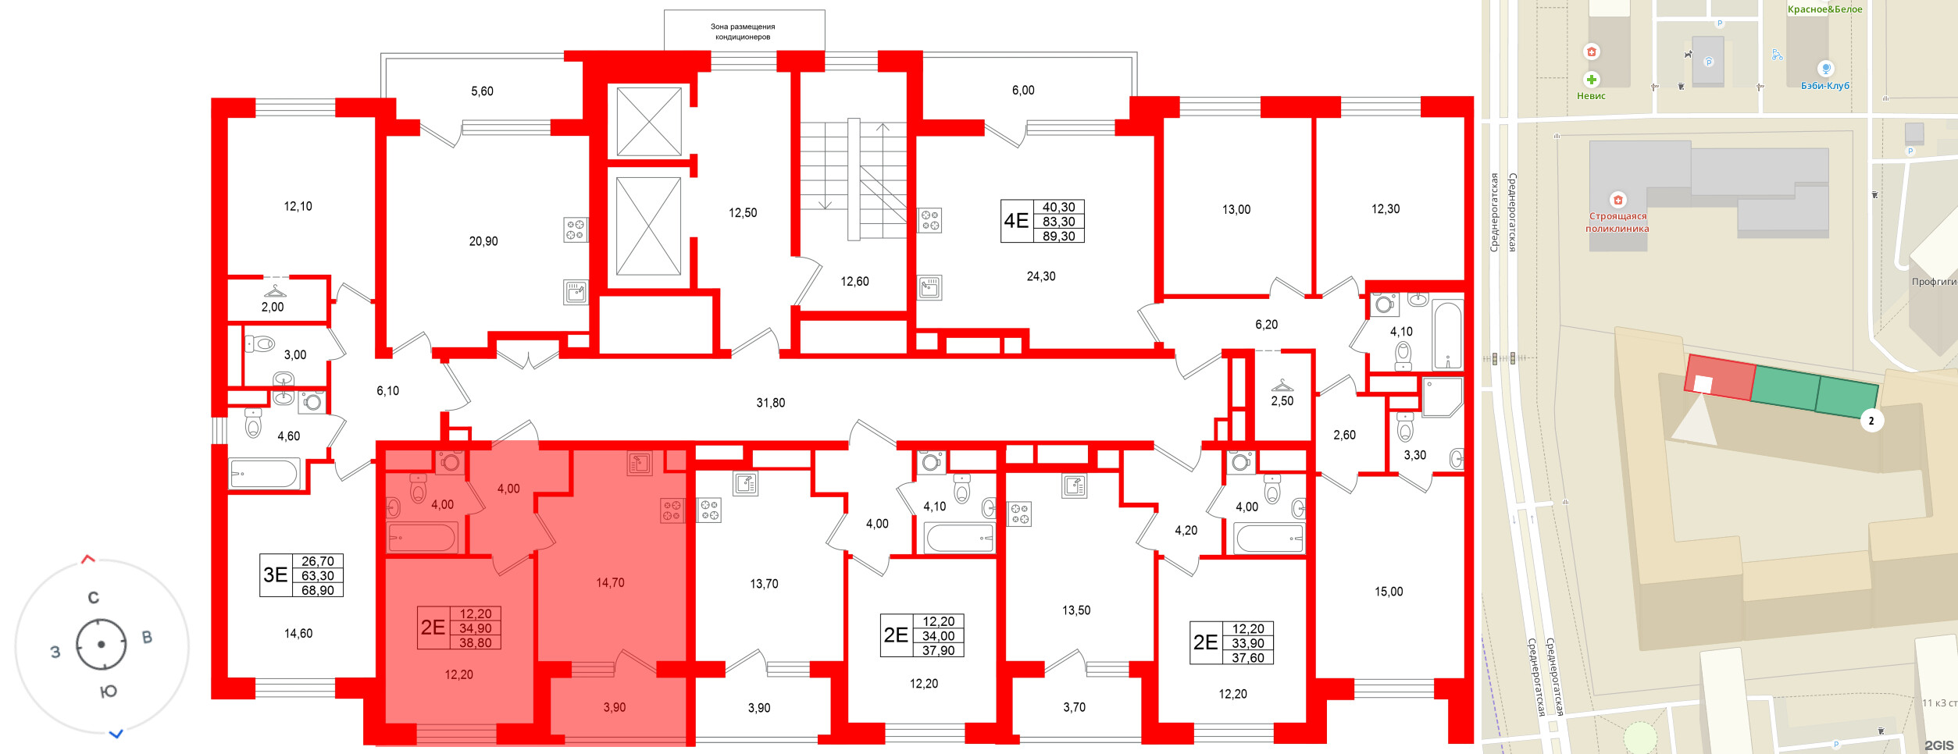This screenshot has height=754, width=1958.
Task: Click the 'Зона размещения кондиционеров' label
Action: [743, 31]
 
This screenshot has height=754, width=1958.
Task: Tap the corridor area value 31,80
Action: [771, 403]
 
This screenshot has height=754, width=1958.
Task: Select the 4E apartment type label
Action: [1016, 221]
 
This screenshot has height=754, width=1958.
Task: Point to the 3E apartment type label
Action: [276, 575]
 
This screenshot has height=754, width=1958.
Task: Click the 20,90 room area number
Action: [483, 241]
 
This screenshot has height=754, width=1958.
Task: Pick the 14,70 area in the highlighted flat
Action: [610, 582]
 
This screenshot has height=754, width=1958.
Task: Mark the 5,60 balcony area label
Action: [482, 91]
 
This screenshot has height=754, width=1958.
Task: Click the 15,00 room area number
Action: [1389, 592]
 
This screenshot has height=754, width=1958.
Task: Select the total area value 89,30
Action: [1058, 236]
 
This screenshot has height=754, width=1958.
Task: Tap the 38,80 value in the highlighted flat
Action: [476, 642]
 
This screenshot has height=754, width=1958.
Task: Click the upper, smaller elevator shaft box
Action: [649, 122]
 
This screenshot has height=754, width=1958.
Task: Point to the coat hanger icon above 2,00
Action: [275, 291]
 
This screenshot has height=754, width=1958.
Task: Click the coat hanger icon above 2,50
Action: [1282, 385]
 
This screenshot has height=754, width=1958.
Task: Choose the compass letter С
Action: [94, 598]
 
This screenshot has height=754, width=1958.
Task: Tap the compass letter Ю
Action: [109, 692]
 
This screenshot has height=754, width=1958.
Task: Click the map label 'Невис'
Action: [1591, 96]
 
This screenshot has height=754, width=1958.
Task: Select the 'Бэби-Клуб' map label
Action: [1825, 86]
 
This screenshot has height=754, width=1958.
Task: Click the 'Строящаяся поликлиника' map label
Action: [1617, 222]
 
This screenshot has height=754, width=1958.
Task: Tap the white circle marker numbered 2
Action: [1871, 421]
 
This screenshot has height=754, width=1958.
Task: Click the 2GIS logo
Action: [1938, 745]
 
